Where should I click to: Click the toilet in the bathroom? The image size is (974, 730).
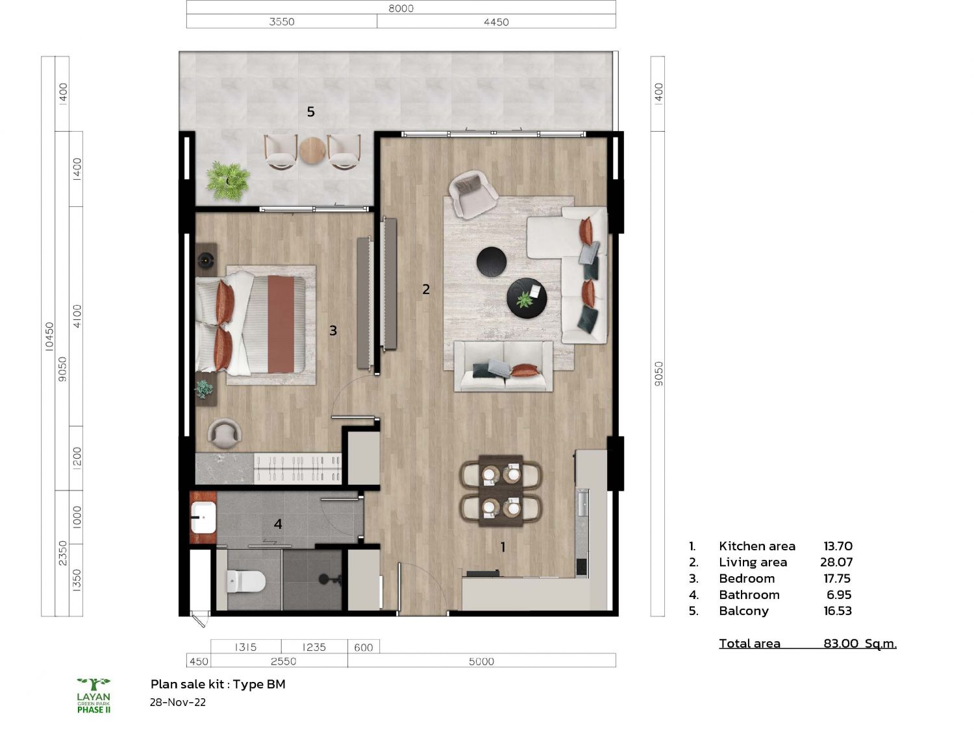[x=245, y=581]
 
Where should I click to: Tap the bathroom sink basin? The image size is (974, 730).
[x=203, y=517]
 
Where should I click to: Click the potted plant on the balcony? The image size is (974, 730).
[x=228, y=181]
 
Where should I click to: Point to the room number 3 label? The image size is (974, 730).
[x=333, y=331]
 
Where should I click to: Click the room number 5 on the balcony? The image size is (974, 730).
[x=310, y=112]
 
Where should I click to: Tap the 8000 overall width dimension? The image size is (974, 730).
[x=401, y=8]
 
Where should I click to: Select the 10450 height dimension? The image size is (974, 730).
[x=49, y=336]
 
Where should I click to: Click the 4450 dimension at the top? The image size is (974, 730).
[x=496, y=22]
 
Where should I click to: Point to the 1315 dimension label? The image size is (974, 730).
[x=245, y=647]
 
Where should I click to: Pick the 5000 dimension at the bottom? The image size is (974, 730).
[x=481, y=661]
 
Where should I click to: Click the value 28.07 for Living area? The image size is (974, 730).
[x=836, y=563]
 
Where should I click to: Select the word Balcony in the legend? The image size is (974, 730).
[x=743, y=611]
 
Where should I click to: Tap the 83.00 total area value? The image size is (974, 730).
[x=841, y=644]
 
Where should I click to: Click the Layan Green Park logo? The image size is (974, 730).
[x=94, y=696]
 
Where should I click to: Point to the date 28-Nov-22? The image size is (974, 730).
[x=177, y=703]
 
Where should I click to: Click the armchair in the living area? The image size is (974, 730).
[x=472, y=195]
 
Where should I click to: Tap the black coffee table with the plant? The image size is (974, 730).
[x=527, y=298]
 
